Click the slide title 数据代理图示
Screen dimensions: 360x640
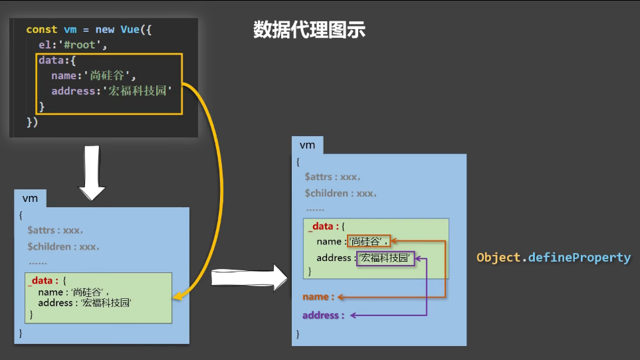pos(309,30)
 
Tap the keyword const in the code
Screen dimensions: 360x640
pos(41,30)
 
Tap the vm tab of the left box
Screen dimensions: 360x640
pos(30,198)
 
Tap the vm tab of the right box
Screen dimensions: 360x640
pos(307,145)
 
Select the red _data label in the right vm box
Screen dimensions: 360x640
pos(322,226)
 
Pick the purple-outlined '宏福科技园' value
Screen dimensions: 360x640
pos(386,258)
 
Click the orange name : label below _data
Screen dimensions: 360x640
pos(318,297)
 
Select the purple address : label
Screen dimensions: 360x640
pos(324,315)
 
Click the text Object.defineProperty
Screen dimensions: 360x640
pos(553,257)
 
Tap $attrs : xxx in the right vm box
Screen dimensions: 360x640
pos(332,177)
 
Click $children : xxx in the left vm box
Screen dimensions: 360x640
pos(64,246)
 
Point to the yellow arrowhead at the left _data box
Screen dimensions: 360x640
pos(177,296)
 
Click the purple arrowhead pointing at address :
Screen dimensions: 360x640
pos(355,315)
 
